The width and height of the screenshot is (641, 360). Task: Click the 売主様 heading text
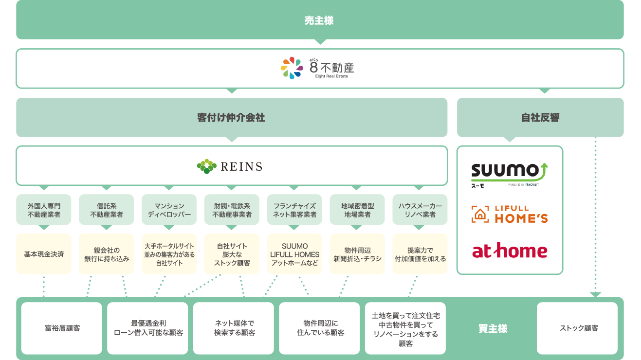pos(319,20)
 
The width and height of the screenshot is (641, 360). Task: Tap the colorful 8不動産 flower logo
pos(292,68)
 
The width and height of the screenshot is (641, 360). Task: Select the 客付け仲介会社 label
pos(231,118)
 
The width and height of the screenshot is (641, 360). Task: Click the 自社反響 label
pos(540,118)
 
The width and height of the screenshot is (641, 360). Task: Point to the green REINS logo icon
pos(207,166)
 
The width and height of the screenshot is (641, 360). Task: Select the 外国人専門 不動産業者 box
pos(44,210)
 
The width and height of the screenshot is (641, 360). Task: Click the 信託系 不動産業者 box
pos(107,210)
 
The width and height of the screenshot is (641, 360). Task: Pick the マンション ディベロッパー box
pos(169,210)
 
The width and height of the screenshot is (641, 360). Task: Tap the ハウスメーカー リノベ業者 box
pos(420,210)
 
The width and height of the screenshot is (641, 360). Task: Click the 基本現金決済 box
pos(44,254)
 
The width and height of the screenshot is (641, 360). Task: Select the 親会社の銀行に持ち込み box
pos(107,254)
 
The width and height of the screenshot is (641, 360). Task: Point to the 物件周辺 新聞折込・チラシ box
pos(357,254)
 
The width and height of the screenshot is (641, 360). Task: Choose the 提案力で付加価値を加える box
pos(420,254)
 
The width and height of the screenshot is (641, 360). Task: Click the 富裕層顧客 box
pos(62,328)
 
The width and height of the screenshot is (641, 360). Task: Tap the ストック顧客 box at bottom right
pos(577,328)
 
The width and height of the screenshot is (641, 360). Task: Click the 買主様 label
pos(493,329)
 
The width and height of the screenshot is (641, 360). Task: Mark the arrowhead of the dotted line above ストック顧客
pos(595,294)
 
